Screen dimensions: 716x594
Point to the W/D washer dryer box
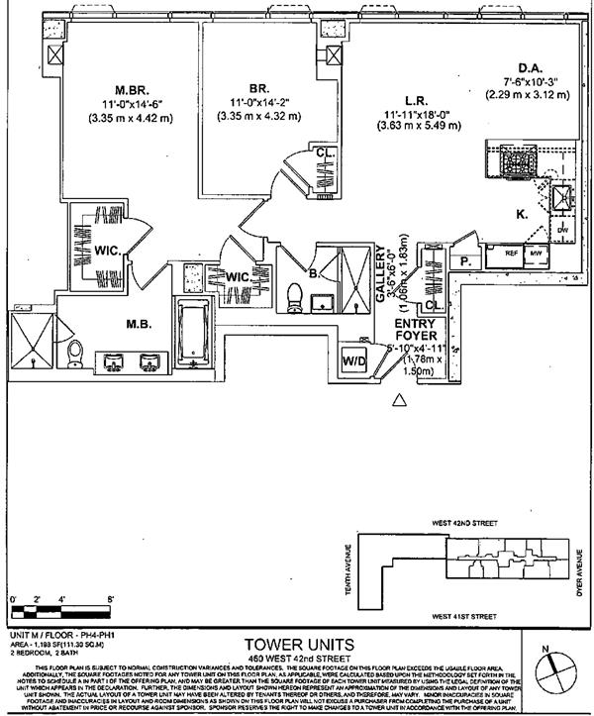tap(354, 359)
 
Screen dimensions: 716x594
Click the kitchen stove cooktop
tap(514, 158)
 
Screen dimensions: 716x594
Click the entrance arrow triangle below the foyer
tap(400, 399)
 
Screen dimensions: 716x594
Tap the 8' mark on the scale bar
tap(112, 598)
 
